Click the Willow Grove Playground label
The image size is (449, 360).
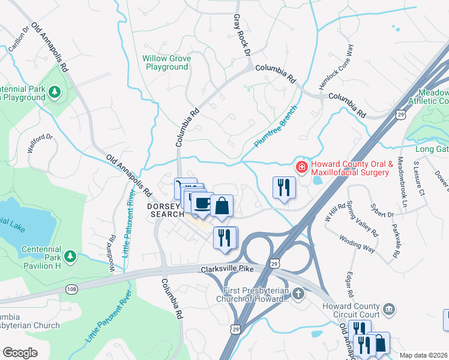pyautogui.click(x=166, y=63)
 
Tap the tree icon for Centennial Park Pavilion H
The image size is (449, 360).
pyautogui.click(x=70, y=257)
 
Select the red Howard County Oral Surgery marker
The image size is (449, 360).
pyautogui.click(x=301, y=166)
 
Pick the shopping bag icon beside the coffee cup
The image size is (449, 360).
pyautogui.click(x=221, y=205)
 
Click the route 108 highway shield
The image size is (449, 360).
pyautogui.click(x=70, y=289)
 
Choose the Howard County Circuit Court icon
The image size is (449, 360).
pyautogui.click(x=390, y=308)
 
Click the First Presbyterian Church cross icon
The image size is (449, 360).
pyautogui.click(x=299, y=293)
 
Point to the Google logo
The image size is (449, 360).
pyautogui.click(x=21, y=353)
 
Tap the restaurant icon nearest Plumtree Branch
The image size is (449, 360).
pyautogui.click(x=282, y=187)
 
